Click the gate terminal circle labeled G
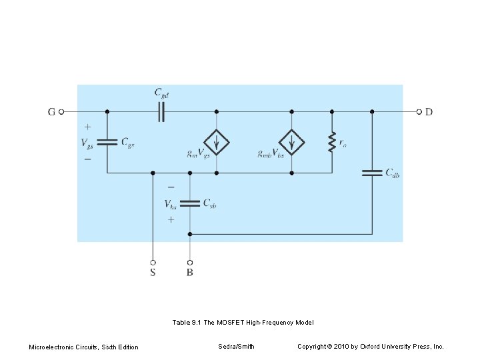coord(61,112)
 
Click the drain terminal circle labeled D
coord(419,112)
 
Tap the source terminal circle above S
coord(153,262)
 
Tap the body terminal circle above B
coord(190,262)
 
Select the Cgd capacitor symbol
coord(161,112)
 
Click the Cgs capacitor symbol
coord(107,142)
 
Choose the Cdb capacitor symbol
coord(372,173)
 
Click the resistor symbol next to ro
coord(331,143)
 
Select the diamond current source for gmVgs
coord(217,143)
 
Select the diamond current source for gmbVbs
coord(291,143)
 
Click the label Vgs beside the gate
coord(87,143)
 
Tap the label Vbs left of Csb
coord(171,204)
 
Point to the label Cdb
coord(393,173)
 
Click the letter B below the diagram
coord(190,273)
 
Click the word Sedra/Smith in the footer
coord(236,347)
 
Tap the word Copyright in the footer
coord(313,347)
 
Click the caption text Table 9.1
coord(187,323)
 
